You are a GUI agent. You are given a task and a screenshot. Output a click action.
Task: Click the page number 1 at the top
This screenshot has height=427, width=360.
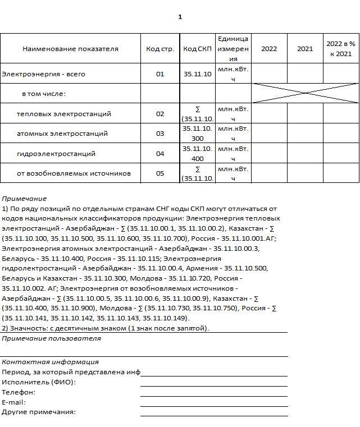(180, 17)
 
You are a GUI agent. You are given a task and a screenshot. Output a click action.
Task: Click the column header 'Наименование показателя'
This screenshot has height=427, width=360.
(70, 49)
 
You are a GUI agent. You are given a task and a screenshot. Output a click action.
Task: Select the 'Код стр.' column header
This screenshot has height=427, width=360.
(160, 49)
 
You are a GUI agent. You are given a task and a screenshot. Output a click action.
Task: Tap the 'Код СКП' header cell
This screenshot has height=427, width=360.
(197, 49)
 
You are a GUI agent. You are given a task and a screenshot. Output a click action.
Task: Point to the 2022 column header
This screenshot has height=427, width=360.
(269, 49)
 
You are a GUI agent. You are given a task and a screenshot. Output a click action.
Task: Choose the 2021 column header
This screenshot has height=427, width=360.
(305, 49)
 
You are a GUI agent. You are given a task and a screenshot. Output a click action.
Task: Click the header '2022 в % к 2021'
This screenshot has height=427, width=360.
(341, 49)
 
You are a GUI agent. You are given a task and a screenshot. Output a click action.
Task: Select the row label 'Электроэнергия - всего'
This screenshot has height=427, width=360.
(43, 74)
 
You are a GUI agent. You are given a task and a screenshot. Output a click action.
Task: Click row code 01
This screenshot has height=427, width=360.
(160, 74)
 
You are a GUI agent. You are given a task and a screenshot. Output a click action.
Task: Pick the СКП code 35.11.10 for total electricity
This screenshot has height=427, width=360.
(197, 74)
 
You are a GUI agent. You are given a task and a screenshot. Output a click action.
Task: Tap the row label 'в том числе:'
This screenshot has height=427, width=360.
(44, 94)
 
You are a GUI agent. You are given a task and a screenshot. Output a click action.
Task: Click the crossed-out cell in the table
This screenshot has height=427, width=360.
(305, 93)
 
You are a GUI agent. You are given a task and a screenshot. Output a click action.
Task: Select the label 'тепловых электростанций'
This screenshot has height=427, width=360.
(64, 114)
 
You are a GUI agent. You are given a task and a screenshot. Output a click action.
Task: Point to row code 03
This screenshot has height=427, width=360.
(160, 134)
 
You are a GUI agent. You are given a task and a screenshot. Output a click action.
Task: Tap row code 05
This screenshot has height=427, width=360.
(160, 173)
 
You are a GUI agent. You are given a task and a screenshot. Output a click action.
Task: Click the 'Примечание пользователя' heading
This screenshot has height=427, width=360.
(52, 338)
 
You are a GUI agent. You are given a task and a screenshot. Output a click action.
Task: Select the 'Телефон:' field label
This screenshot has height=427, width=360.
(19, 392)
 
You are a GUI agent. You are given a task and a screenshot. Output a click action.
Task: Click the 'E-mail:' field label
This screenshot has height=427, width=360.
(14, 402)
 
